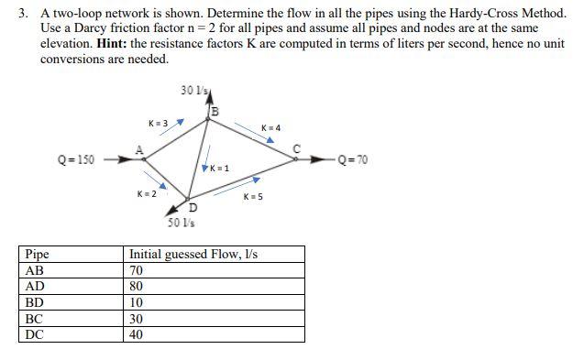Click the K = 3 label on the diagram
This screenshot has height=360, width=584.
[158, 123]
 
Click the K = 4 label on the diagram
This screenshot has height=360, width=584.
[271, 127]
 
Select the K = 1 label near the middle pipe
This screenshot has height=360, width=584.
[219, 169]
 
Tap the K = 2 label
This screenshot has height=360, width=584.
[147, 193]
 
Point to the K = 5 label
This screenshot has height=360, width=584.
[254, 197]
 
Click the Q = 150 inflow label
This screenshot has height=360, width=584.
[75, 160]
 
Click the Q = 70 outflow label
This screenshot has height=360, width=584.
[352, 160]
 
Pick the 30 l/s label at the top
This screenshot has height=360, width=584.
[193, 90]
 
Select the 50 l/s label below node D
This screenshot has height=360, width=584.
[180, 223]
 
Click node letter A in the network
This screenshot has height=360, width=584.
[138, 148]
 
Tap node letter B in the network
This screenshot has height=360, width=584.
[215, 112]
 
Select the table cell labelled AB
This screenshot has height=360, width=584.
[36, 270]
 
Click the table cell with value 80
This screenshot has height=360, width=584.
[138, 286]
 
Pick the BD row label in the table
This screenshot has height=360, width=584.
[36, 302]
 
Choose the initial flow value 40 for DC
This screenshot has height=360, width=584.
[138, 334]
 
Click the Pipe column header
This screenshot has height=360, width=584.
[38, 254]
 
